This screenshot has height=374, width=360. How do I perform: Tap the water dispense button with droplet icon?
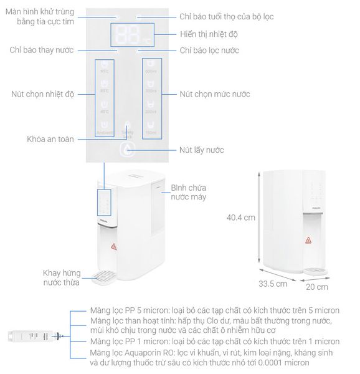[127, 150]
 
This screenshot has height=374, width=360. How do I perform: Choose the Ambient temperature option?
[104, 128]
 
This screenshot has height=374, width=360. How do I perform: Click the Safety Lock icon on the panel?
[127, 127]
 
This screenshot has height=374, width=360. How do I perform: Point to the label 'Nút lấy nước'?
[201, 150]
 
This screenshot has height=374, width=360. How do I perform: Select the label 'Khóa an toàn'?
[50, 138]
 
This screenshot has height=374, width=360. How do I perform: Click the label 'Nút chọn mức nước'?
[214, 94]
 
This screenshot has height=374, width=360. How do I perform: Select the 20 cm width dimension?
[318, 287]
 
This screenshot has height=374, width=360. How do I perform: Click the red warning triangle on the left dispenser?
[114, 246]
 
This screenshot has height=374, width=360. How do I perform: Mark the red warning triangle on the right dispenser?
[308, 240]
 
